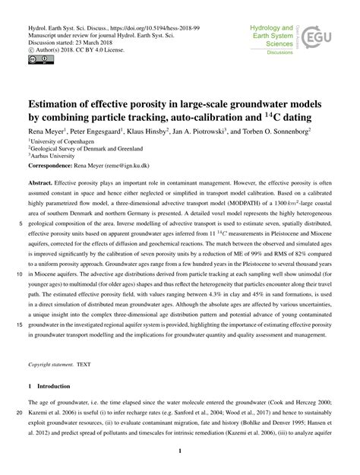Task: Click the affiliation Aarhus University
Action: (x=53, y=157)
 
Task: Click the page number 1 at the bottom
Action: (x=180, y=451)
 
